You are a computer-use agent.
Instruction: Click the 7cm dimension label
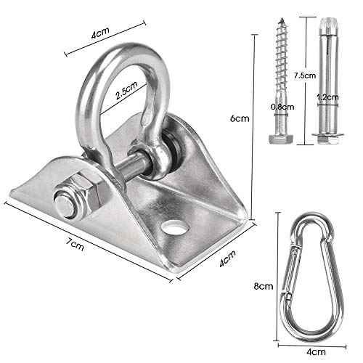pos(76,244)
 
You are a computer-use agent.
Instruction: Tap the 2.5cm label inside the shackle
pos(126,90)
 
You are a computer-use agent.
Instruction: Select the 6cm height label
pos(240,118)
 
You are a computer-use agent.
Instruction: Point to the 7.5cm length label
pos(305,76)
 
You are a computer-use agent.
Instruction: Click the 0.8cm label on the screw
pos(282,107)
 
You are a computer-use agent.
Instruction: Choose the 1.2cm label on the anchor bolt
pos(327,97)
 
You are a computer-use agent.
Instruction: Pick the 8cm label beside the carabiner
pos(264,286)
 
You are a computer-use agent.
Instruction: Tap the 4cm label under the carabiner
pos(316,351)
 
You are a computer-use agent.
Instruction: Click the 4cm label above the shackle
pos(100,33)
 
